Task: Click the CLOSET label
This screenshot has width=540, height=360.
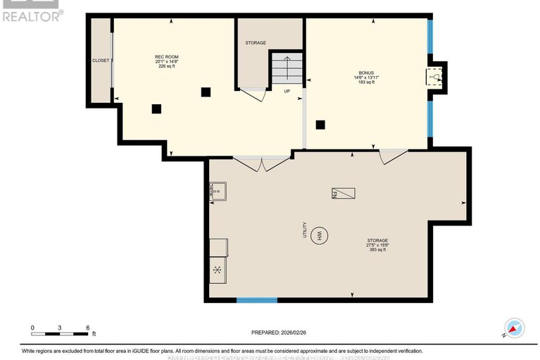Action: coord(101,61)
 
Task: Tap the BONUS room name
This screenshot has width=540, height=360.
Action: coord(365,73)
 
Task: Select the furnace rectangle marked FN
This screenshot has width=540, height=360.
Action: coord(337,193)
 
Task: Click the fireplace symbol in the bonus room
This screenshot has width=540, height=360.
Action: coord(436,77)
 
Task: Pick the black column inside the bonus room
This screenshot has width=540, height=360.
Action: coord(320,125)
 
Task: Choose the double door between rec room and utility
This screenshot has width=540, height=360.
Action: coord(261,163)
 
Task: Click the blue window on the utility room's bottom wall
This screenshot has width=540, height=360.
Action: coord(256,301)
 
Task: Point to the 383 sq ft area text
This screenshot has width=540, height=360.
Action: coord(377,250)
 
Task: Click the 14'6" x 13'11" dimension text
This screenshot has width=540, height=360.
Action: coord(365,78)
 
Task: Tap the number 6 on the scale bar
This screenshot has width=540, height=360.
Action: coord(87,328)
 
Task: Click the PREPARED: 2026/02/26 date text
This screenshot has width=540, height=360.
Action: coord(280,332)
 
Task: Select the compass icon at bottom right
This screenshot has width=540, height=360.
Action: coord(514,328)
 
